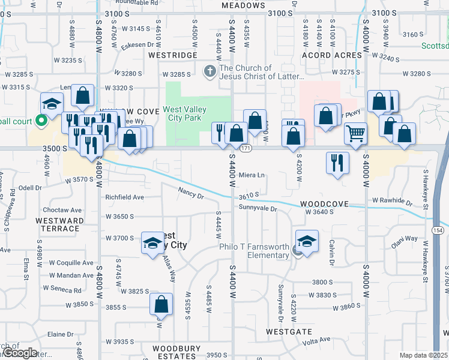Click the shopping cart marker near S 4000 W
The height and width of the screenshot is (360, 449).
[x=356, y=133]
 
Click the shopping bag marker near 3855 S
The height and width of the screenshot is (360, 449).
[x=161, y=304]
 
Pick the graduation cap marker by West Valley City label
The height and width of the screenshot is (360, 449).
[x=152, y=243]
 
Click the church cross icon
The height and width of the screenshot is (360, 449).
[x=210, y=72]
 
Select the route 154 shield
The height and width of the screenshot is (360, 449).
[x=440, y=231]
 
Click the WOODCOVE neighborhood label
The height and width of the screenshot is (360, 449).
[x=325, y=204]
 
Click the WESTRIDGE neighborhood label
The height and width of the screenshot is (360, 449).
[x=173, y=55]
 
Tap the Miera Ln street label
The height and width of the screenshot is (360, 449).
[x=252, y=175]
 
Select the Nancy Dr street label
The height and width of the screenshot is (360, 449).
[x=191, y=193]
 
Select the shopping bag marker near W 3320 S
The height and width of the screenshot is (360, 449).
[x=83, y=95]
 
